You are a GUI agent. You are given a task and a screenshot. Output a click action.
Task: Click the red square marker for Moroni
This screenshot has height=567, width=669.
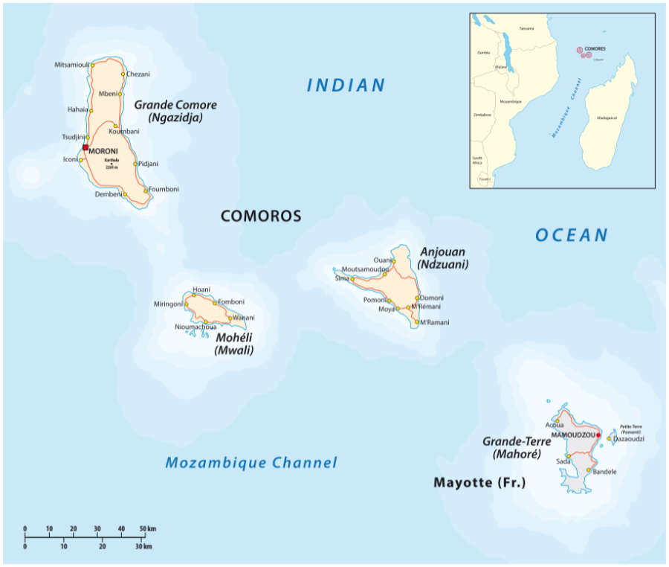point(85,147)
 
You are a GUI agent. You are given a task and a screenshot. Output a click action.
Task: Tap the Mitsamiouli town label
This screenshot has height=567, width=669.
point(72,65)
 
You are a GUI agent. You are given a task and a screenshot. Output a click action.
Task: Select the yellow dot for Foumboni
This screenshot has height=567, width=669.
point(145,190)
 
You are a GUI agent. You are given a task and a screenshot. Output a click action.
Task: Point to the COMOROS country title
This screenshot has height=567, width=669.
point(261,217)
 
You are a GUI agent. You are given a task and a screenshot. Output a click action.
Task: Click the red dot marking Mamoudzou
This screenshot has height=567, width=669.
point(598,435)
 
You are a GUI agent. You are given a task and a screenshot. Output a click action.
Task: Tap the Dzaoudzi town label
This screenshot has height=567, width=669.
point(629,439)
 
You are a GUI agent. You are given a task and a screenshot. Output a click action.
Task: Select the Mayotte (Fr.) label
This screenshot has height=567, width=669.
point(479,483)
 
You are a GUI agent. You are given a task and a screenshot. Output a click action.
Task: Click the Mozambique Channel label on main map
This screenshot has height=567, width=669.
point(251,463)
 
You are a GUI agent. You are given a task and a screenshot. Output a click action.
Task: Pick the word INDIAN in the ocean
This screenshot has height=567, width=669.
point(346,86)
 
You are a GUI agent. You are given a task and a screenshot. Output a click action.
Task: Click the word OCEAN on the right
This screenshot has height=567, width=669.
point(572,236)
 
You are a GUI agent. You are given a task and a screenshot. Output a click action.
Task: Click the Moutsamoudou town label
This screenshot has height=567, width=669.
point(365,269)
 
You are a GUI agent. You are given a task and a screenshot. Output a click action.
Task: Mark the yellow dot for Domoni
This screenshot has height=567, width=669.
point(418,298)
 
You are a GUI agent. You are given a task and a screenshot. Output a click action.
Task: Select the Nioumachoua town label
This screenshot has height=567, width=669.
point(195,327)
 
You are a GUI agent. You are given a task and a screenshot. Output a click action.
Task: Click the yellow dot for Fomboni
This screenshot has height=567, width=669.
point(215,303)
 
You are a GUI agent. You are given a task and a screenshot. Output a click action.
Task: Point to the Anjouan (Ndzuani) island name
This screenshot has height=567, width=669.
point(442,257)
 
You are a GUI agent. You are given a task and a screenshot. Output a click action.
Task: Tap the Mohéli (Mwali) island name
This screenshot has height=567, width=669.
point(233,344)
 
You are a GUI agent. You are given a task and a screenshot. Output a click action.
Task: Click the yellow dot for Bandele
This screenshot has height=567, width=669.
point(589,470)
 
